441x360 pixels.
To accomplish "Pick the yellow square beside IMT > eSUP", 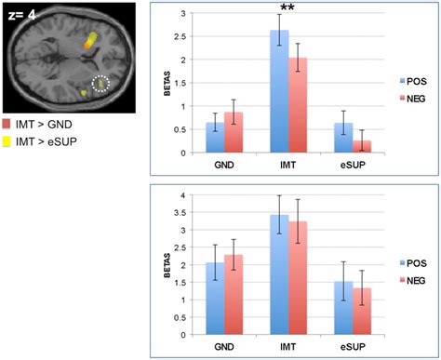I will pos(7,141).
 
